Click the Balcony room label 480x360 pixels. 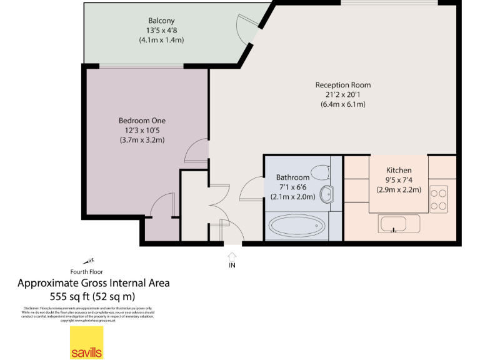[161, 20]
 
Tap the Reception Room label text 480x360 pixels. [342, 85]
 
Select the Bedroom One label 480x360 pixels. [142, 121]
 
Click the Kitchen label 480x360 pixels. [398, 170]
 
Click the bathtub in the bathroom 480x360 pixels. [295, 226]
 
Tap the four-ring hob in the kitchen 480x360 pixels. [439, 199]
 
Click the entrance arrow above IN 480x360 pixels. [232, 256]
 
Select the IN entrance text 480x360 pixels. [232, 266]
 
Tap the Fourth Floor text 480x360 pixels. [86, 272]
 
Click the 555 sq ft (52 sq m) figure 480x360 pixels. [92, 296]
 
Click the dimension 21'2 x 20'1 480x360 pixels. [342, 95]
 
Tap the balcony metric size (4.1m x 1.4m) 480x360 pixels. [161, 39]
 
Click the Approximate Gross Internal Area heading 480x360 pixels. [93, 283]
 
